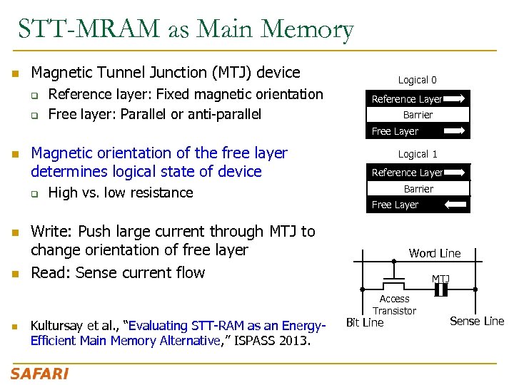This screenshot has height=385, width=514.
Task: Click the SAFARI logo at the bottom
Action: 39,374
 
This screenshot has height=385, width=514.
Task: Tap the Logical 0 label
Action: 418,80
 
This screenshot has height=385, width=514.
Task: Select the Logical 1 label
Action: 418,154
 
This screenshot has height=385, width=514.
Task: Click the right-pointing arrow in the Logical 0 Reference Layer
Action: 454,98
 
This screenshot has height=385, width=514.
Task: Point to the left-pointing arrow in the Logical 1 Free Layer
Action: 454,205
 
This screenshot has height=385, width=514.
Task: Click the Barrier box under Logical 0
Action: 418,115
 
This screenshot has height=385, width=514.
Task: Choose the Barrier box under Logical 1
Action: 418,189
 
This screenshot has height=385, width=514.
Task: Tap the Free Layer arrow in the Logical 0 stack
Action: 454,130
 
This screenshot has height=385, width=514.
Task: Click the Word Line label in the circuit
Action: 434,253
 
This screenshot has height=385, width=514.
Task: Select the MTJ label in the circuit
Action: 440,278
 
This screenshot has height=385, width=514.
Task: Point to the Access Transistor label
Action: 394,304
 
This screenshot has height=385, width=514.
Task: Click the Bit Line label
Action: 365,322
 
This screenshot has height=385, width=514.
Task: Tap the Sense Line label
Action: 477,321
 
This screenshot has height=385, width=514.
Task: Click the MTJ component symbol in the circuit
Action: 441,289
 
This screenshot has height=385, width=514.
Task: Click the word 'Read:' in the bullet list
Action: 51,272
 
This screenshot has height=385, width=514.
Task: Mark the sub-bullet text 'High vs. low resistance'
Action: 120,192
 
